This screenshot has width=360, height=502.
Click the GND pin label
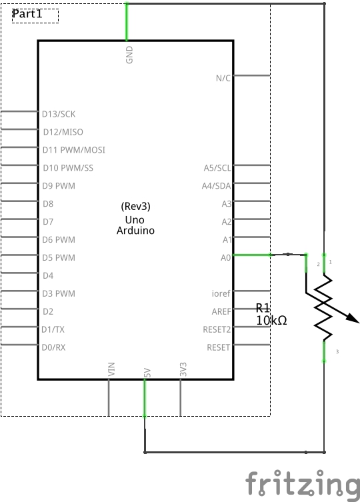(129, 55)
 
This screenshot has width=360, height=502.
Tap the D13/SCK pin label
(59, 114)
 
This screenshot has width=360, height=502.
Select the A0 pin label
(226, 258)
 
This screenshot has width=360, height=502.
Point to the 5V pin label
(147, 373)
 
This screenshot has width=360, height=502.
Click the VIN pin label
(111, 369)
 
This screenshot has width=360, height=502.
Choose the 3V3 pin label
(183, 369)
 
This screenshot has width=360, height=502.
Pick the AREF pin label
(221, 311)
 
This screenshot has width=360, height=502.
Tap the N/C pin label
(223, 78)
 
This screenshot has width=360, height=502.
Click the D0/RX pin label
(54, 347)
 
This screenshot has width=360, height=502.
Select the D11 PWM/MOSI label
(74, 150)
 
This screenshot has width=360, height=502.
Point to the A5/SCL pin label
(217, 168)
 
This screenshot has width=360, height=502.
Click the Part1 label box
(35, 16)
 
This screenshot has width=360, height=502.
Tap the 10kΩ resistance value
(271, 320)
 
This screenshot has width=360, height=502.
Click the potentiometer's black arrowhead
(353, 317)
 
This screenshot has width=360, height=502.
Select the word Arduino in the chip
(135, 231)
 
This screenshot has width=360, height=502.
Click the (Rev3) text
(136, 206)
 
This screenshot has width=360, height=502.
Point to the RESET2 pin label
(217, 329)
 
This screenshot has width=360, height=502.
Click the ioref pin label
(221, 293)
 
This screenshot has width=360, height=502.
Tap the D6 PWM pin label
(59, 240)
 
